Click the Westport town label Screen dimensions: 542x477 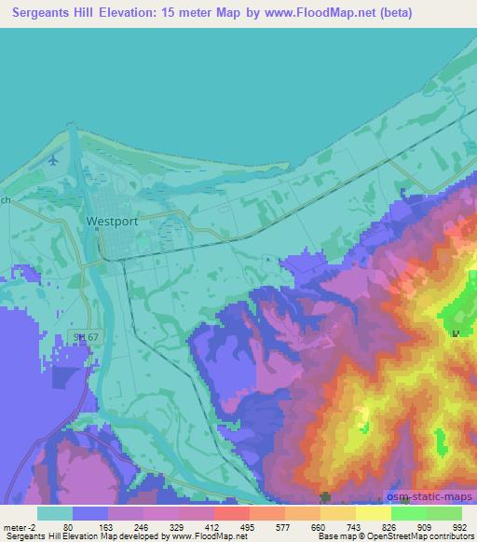click(x=111, y=222)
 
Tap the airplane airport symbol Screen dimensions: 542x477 click(x=52, y=160)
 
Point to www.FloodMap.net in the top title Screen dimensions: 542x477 click(x=308, y=14)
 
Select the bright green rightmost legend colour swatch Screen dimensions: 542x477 click(x=444, y=512)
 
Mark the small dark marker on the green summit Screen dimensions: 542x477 click(x=455, y=332)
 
